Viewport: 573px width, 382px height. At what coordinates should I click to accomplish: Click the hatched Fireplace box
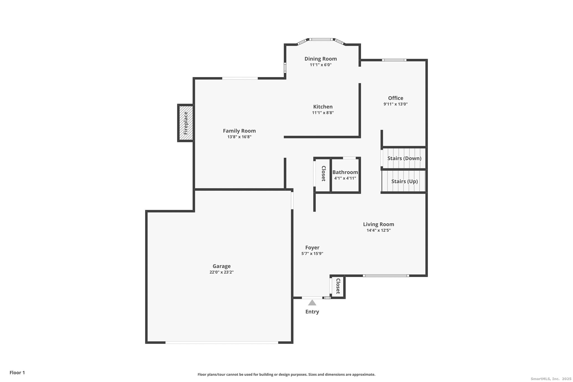click(186, 123)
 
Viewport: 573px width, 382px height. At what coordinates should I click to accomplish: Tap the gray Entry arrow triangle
click(312, 303)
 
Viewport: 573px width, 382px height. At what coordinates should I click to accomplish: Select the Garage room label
click(222, 266)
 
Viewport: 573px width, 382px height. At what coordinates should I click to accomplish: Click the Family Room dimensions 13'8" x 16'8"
click(239, 137)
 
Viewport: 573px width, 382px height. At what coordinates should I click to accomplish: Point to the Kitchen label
click(323, 107)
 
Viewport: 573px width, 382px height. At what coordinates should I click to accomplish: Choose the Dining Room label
click(321, 59)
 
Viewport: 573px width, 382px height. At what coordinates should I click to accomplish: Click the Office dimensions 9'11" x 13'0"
click(396, 104)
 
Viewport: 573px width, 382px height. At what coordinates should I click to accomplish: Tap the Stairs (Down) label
click(404, 158)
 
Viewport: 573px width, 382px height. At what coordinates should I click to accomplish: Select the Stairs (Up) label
click(405, 181)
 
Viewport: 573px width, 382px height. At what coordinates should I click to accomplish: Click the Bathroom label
click(345, 172)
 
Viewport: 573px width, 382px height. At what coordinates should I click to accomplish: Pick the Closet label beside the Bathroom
click(323, 174)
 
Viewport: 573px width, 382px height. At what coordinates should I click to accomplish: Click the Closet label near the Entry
click(338, 286)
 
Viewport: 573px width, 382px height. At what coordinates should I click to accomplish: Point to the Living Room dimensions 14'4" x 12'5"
click(379, 230)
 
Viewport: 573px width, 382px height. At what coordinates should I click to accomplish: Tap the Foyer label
click(312, 248)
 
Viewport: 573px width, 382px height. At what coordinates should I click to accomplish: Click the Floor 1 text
click(17, 372)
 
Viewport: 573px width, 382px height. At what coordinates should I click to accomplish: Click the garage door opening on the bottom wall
click(222, 342)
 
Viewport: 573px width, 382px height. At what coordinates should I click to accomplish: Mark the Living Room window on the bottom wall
click(386, 276)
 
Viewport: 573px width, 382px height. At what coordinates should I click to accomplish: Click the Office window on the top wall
click(394, 60)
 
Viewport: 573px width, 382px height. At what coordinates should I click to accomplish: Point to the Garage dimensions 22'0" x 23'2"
click(222, 272)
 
